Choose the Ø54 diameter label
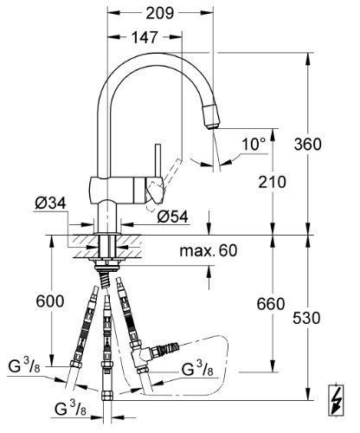(173, 216)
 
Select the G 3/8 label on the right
(198, 371)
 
